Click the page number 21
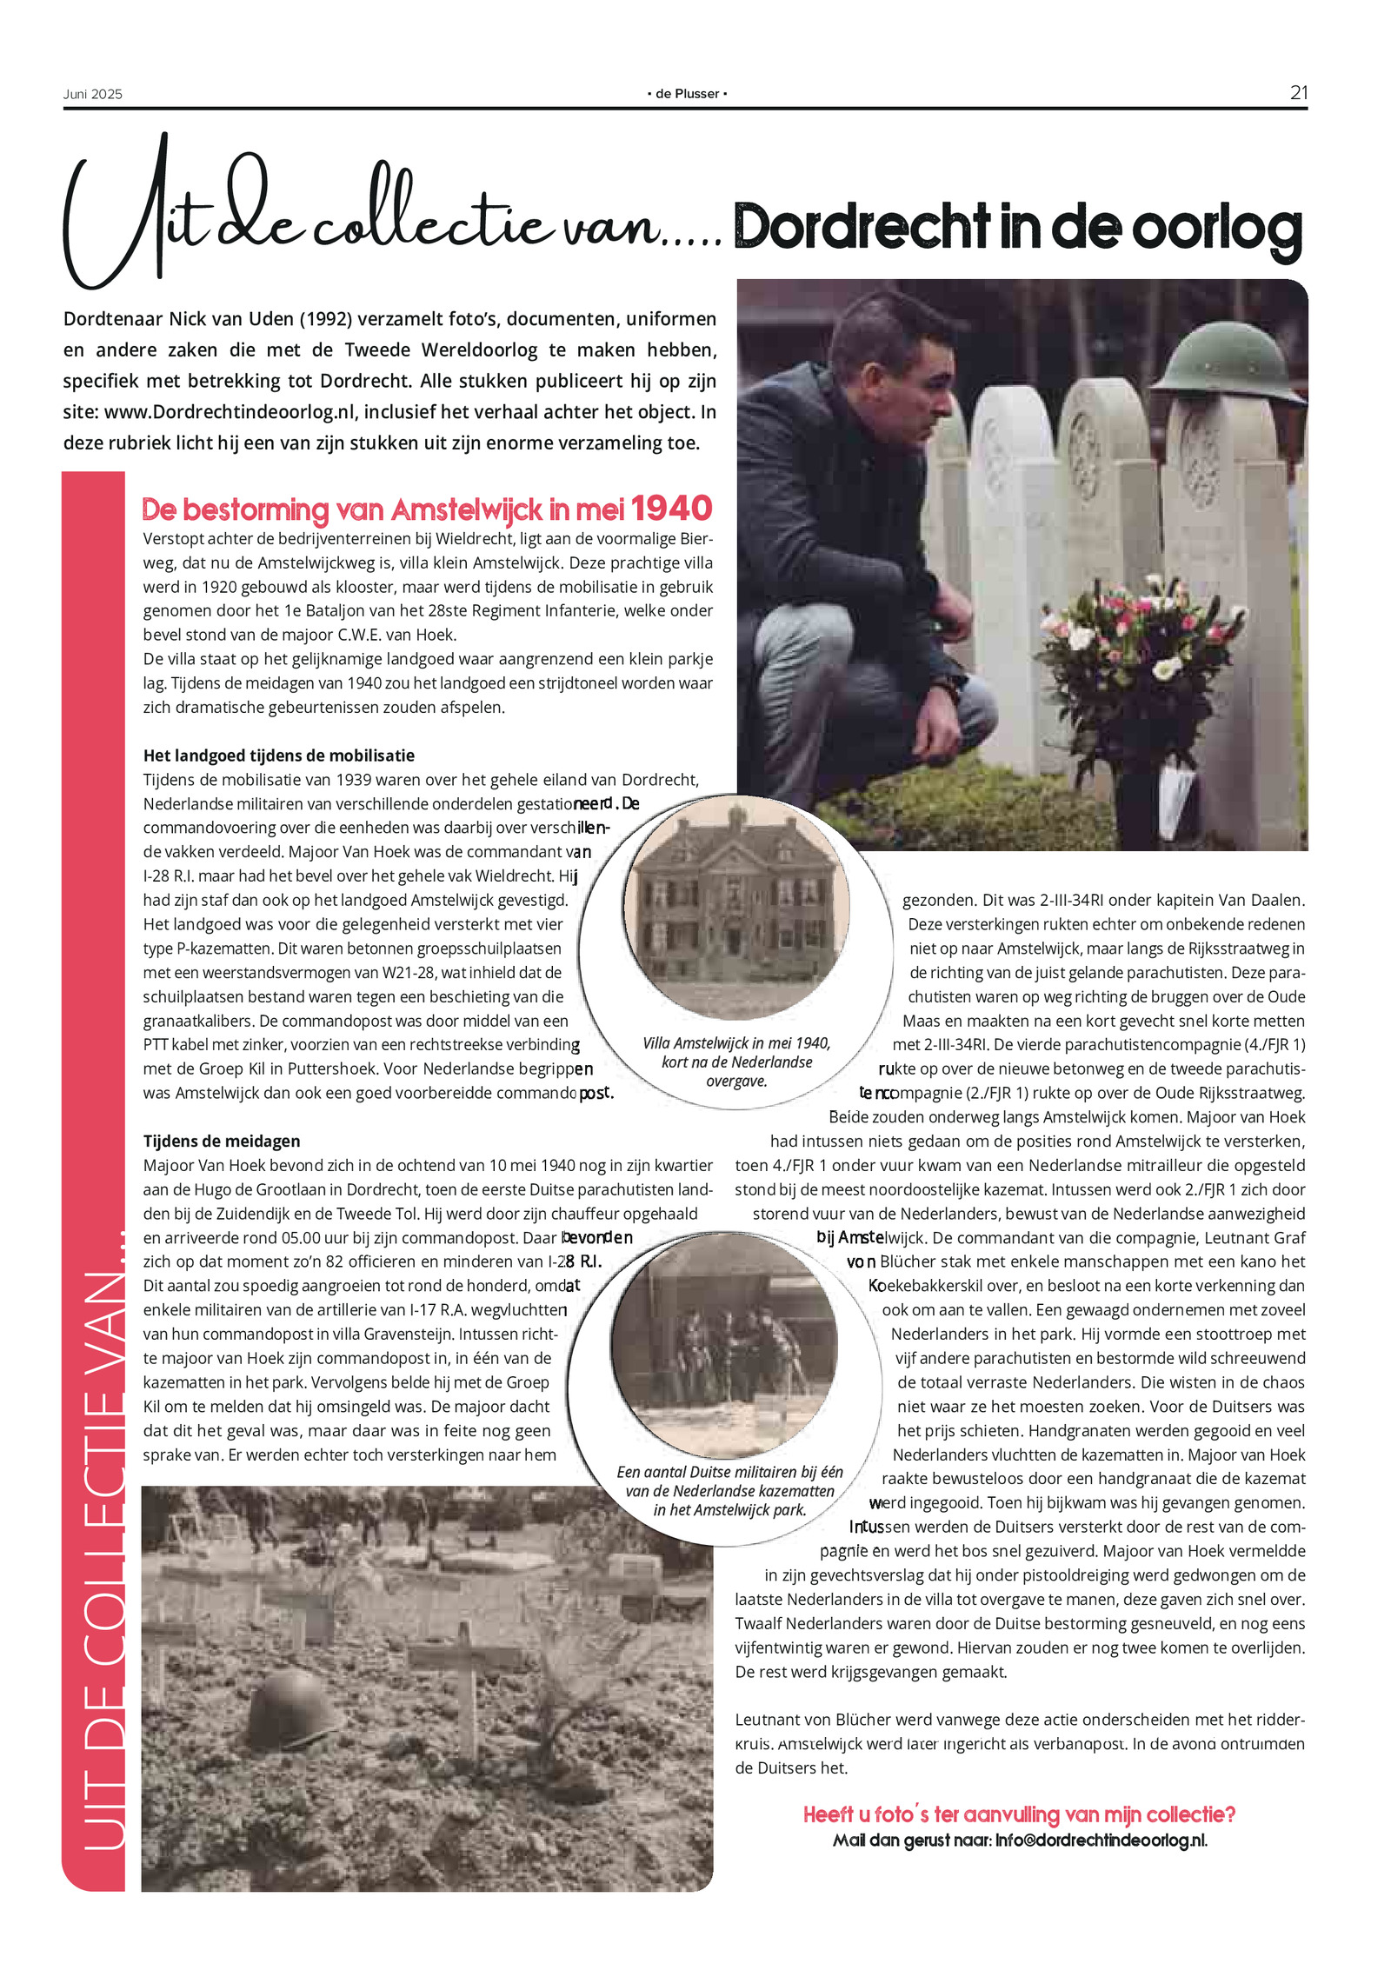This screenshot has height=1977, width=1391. [x=1298, y=92]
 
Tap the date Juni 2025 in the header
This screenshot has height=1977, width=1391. [x=92, y=94]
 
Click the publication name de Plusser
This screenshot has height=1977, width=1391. [x=687, y=94]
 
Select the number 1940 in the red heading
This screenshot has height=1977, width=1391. [x=671, y=508]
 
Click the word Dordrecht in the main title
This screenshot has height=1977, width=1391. [x=862, y=227]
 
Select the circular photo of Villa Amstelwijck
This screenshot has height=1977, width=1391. [x=736, y=904]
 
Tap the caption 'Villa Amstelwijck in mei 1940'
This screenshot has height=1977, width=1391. [x=736, y=1043]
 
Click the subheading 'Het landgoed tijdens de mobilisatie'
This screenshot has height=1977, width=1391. [x=278, y=756]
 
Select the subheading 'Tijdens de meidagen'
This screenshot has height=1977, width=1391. [x=222, y=1141]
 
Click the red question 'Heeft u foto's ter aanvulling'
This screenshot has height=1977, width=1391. [x=1019, y=1814]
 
